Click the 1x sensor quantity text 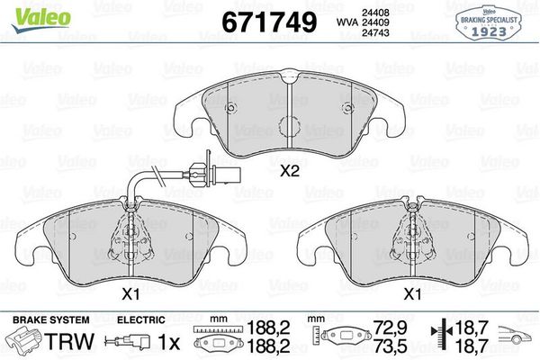point(168,342)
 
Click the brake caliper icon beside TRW point(24,341)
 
